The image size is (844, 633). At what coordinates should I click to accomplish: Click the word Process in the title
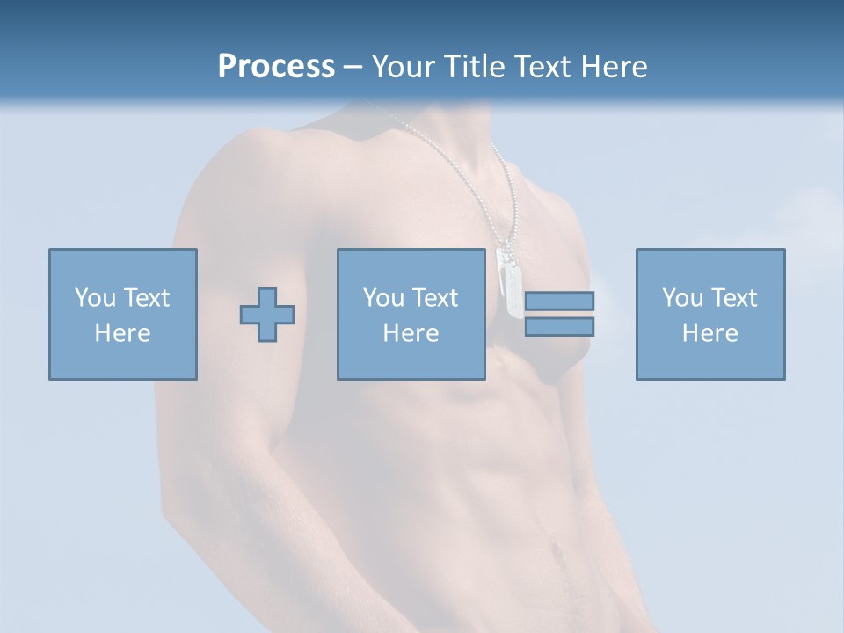tap(276, 67)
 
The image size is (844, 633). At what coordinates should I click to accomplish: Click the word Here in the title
tap(615, 67)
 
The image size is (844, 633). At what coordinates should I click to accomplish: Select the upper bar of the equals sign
tap(559, 301)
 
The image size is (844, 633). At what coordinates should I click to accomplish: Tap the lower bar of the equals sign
tap(559, 327)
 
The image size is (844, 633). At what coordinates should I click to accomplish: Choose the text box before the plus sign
tap(123, 314)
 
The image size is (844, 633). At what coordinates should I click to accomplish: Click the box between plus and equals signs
tap(411, 314)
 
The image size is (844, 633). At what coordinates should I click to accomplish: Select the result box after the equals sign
tap(709, 314)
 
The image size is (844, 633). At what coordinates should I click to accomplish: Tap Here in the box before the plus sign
tap(123, 333)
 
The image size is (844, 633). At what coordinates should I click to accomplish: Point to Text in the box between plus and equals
tap(437, 298)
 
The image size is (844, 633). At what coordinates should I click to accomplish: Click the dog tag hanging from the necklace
tap(509, 280)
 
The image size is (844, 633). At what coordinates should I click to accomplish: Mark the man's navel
tap(555, 549)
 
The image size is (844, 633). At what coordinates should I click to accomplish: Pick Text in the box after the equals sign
tap(736, 298)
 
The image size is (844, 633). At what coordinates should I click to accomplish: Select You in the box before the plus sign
tap(95, 298)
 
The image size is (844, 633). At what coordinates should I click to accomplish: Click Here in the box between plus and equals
tap(411, 333)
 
